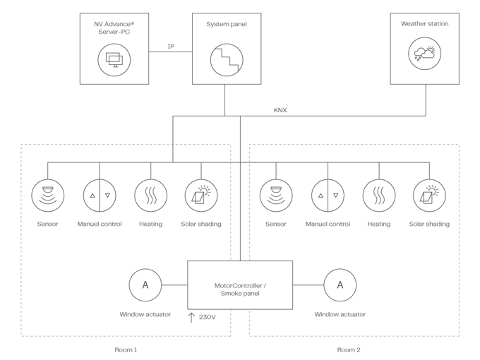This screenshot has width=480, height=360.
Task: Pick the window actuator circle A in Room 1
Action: (x=145, y=286)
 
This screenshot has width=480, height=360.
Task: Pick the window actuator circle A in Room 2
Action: (x=340, y=286)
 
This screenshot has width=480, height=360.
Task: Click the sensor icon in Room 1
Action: (x=48, y=195)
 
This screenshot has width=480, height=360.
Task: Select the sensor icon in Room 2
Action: (x=276, y=195)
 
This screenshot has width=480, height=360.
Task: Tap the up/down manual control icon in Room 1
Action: (x=100, y=195)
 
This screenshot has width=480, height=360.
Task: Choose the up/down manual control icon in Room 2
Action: (x=328, y=195)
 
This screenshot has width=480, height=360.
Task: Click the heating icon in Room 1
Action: (x=150, y=195)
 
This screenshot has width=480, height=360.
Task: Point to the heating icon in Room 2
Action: (x=378, y=195)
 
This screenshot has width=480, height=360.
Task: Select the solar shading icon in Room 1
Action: (x=201, y=195)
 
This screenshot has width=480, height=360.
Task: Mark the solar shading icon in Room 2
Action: (x=429, y=195)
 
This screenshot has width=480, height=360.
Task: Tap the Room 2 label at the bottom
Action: (x=348, y=349)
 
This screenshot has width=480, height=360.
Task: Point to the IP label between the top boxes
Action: (x=171, y=46)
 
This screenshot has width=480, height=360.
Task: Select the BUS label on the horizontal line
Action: (x=281, y=110)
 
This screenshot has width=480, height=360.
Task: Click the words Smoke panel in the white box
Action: (x=240, y=292)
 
